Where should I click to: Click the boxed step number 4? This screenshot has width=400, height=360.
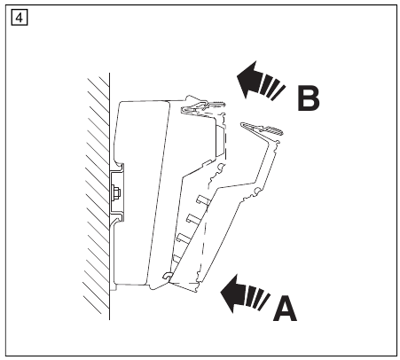tap(20, 18)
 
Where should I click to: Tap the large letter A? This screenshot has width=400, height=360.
tap(285, 309)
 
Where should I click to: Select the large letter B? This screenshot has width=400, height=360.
tap(309, 98)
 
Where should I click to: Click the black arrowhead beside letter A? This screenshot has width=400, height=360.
tap(232, 293)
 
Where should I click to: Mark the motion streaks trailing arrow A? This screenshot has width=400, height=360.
tap(258, 298)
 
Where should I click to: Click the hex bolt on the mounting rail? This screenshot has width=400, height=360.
tap(115, 193)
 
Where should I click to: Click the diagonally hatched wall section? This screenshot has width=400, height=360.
tap(97, 195)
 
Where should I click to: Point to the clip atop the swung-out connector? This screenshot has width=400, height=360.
tap(261, 129)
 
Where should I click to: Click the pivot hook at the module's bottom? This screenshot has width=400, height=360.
tap(168, 276)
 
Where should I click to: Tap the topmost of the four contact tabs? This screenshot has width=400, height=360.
tap(203, 200)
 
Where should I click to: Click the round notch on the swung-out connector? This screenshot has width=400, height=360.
tap(256, 191)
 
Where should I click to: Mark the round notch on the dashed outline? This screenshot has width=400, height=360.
tap(220, 167)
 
